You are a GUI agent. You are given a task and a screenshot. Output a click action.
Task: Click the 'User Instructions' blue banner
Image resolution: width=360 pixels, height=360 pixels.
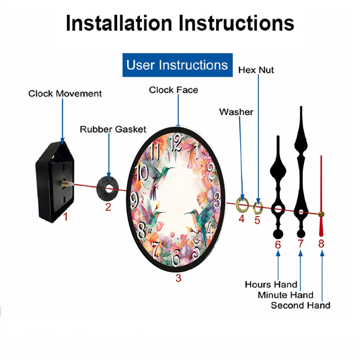(x=177, y=65)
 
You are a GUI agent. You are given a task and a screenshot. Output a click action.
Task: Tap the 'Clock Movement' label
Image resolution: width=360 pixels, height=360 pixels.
(x=65, y=94)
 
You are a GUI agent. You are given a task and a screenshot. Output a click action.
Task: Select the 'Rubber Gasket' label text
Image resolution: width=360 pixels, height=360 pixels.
(x=113, y=130)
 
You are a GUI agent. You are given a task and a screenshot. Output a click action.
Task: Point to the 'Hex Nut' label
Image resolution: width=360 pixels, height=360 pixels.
(x=256, y=70)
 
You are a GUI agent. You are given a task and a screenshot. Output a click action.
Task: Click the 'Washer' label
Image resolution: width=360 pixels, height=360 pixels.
(x=236, y=112)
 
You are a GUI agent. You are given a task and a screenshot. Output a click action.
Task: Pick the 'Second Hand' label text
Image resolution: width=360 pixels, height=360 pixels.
(x=301, y=305)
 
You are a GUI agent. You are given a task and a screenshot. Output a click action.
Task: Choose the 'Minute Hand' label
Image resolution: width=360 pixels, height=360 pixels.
(x=285, y=295)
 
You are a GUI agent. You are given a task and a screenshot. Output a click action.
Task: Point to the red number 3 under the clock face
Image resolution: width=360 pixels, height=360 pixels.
(x=179, y=278)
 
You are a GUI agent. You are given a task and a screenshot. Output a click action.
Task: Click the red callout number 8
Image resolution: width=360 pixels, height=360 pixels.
(x=321, y=244)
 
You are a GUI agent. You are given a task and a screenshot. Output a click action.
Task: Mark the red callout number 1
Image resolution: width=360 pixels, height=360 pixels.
(x=66, y=217)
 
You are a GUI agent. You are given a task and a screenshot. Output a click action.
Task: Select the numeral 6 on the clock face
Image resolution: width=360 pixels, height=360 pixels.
(x=176, y=258)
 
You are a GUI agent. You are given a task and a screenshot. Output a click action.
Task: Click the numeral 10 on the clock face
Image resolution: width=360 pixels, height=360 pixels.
(x=141, y=172)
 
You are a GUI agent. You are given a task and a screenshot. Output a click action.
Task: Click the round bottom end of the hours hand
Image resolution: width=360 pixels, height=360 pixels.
(x=278, y=234)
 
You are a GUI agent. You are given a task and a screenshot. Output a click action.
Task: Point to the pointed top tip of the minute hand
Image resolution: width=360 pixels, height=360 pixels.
(x=301, y=107)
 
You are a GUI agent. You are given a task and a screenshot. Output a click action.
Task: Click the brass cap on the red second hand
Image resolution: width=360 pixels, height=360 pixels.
(x=321, y=215)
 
